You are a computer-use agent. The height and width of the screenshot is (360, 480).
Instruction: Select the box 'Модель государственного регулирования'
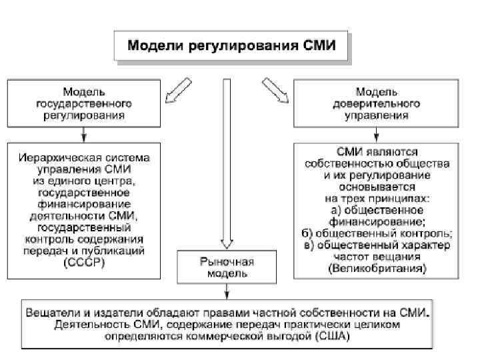pyautogui.click(x=83, y=103)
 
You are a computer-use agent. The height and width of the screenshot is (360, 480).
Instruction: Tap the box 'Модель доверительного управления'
pyautogui.click(x=377, y=103)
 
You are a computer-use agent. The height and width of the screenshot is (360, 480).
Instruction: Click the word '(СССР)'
pyautogui.click(x=84, y=262)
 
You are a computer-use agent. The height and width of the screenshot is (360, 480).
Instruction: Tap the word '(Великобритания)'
pyautogui.click(x=377, y=268)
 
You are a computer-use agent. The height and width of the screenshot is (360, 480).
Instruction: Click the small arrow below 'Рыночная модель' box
pyautogui.click(x=227, y=291)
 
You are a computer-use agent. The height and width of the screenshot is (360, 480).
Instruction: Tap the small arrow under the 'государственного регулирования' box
pyautogui.click(x=83, y=133)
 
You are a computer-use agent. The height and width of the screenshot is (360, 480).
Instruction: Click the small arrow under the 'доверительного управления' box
pyautogui.click(x=377, y=133)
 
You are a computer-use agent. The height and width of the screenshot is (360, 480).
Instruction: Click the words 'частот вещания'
pyautogui.click(x=377, y=257)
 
